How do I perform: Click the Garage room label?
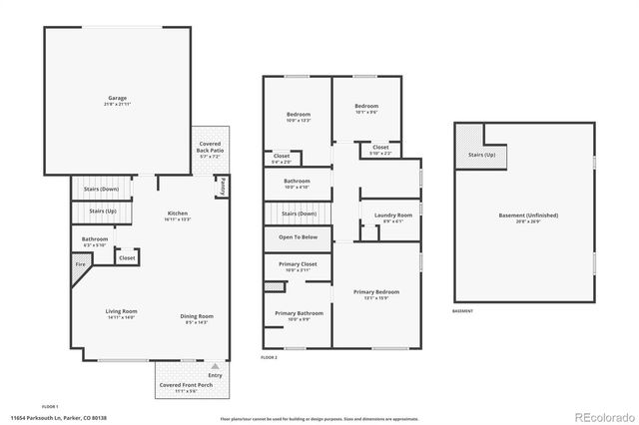117,98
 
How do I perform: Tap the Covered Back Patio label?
211,150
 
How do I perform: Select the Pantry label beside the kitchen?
223,185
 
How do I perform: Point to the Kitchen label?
178,212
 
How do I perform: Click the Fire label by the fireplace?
80,264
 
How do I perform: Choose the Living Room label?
121,313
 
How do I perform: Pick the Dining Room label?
197,316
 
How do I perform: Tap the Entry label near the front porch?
215,374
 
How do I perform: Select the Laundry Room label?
393,215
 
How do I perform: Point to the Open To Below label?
299,237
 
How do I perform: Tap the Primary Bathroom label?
299,314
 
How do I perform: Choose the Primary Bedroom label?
376,292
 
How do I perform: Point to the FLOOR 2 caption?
269,356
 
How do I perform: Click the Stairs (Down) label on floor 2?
299,212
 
